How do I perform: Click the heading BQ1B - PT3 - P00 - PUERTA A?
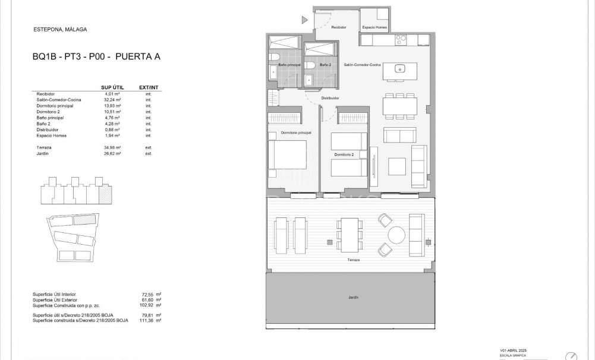click(x=96, y=57)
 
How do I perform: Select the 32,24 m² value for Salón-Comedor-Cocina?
click(x=112, y=100)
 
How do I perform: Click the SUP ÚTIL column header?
click(x=112, y=87)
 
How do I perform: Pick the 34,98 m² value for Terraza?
click(x=112, y=147)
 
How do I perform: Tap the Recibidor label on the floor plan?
click(x=339, y=27)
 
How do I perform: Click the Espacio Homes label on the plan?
click(x=375, y=27)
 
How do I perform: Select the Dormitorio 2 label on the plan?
click(x=344, y=154)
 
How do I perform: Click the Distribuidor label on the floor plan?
click(x=330, y=98)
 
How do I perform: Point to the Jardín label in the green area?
click(x=354, y=297)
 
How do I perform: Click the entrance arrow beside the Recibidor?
click(x=304, y=20)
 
